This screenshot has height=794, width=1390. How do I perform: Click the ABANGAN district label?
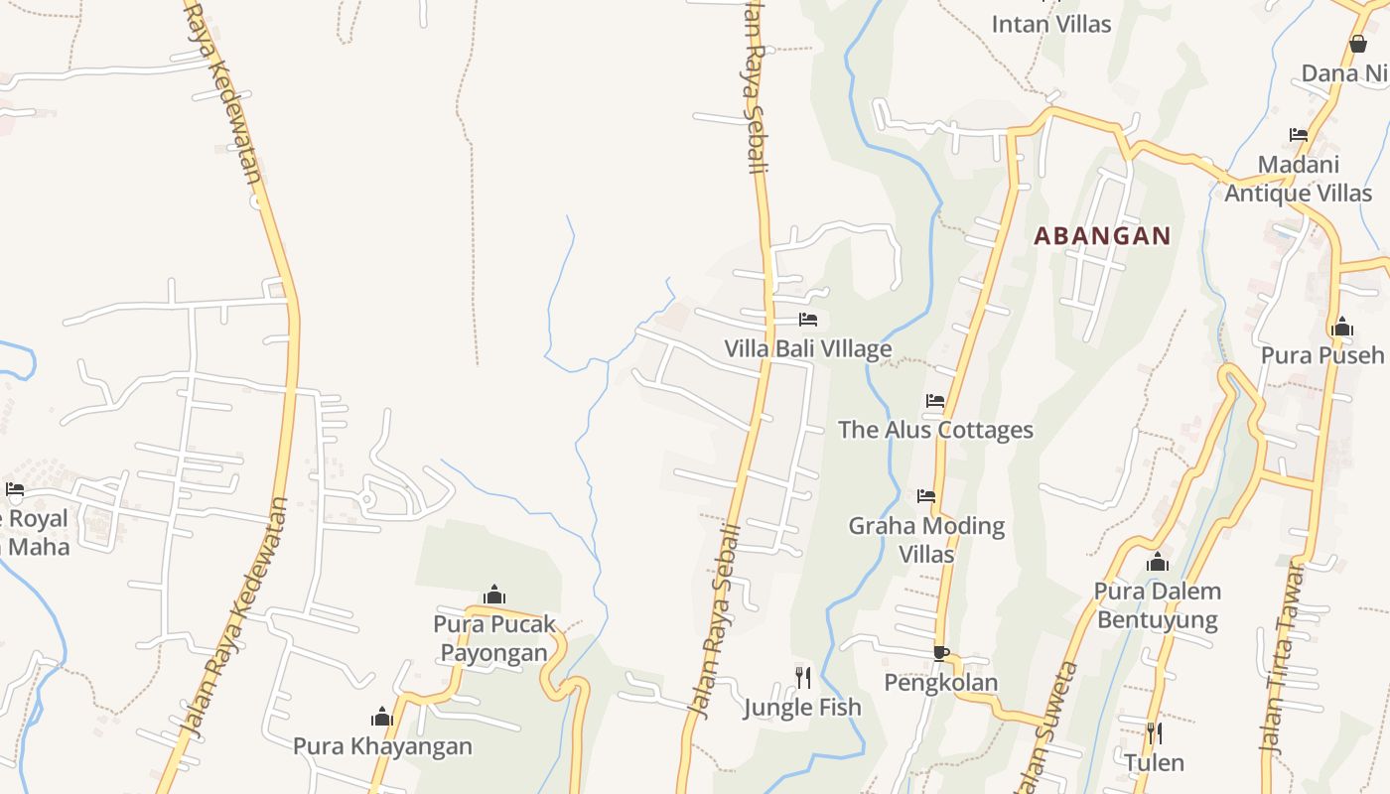1102,236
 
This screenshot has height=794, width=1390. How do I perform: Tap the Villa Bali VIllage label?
807,349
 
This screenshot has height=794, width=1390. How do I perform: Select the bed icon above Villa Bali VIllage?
808,320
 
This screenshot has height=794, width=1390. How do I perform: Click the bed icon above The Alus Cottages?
935,401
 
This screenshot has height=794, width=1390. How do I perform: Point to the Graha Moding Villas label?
926,539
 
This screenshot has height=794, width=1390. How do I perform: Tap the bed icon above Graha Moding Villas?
926,495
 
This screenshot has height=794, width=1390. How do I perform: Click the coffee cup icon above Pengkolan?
940,653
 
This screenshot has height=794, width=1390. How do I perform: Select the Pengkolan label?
940,683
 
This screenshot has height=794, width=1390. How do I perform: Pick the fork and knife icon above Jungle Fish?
803,678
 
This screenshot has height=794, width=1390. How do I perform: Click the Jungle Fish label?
802,708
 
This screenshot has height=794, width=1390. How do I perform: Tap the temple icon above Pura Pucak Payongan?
494,595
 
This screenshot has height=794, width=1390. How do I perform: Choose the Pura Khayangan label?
382,746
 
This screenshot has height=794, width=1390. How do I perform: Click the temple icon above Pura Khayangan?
382,717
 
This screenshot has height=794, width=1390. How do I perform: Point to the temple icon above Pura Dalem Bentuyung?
1157,563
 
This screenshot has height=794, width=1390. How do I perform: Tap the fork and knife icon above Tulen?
1154,733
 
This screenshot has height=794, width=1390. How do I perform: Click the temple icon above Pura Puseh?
1342,327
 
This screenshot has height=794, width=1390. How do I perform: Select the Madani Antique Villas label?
1298,179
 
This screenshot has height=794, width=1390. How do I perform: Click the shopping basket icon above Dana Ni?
1358,44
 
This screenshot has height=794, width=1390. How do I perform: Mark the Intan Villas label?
1051,24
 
